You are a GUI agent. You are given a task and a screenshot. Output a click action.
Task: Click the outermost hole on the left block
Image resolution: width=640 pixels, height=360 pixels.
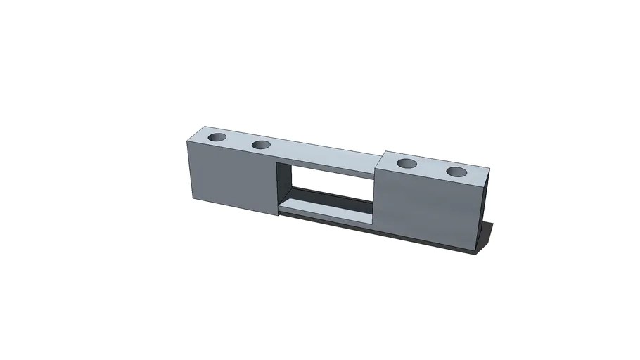(x=217, y=136)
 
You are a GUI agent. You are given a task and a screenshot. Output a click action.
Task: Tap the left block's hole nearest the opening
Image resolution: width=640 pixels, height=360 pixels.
(x=261, y=145)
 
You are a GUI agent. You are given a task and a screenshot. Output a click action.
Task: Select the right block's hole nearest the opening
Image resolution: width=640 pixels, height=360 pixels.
(x=407, y=164)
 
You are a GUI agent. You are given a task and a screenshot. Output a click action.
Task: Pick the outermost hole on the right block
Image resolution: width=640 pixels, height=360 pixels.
(x=457, y=171)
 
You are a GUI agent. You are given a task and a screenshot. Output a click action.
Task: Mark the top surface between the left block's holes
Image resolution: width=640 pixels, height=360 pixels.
(x=239, y=140)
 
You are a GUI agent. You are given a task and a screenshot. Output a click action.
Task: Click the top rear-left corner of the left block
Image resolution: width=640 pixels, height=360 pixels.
(x=202, y=127)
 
